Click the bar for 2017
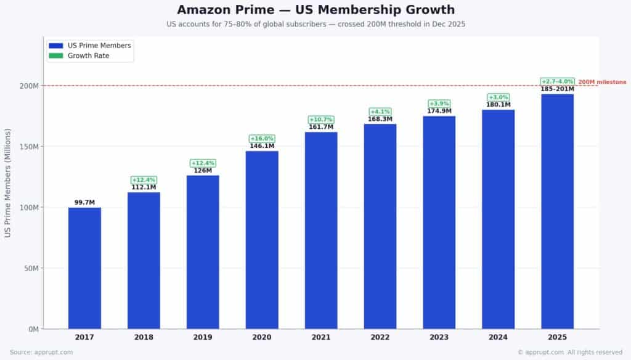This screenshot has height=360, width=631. (x=84, y=268)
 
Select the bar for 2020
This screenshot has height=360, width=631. (x=262, y=240)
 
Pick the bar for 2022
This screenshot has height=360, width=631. (x=380, y=226)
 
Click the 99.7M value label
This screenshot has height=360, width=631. (x=84, y=202)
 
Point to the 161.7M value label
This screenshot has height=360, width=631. (x=321, y=127)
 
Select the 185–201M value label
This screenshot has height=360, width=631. (x=558, y=89)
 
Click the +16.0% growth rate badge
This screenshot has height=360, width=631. (x=262, y=139)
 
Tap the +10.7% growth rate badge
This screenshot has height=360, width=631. (x=321, y=120)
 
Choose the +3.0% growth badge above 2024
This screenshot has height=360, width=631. (x=499, y=97)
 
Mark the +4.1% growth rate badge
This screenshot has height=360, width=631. (x=380, y=112)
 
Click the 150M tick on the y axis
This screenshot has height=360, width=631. (x=29, y=147)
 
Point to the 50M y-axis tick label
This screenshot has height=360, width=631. (x=31, y=268)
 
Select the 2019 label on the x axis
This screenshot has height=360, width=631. (x=203, y=337)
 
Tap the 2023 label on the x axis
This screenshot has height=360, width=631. (x=439, y=337)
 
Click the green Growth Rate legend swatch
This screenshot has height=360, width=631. (x=56, y=56)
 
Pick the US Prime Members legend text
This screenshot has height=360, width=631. (x=99, y=46)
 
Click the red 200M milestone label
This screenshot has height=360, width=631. (x=602, y=82)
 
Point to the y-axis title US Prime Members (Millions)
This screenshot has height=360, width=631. (x=8, y=182)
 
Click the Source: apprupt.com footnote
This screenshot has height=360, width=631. (x=41, y=353)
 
